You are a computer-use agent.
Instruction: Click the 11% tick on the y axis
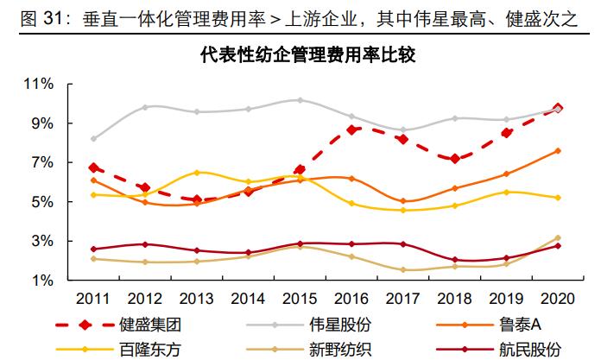coord(40,84)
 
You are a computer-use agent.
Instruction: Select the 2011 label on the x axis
coord(92,299)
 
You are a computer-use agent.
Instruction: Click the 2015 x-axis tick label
coord(299,299)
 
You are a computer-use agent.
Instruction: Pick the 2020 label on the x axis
coord(556,299)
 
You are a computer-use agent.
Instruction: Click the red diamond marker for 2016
coord(351,129)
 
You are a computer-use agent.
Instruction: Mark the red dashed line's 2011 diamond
coord(93,167)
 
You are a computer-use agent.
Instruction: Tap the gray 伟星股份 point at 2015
coord(300,100)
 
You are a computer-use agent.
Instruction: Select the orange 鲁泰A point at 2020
coord(558,150)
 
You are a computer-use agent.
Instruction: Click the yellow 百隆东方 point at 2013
coord(197,173)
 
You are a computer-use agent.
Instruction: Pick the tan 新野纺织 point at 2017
coord(403,270)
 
